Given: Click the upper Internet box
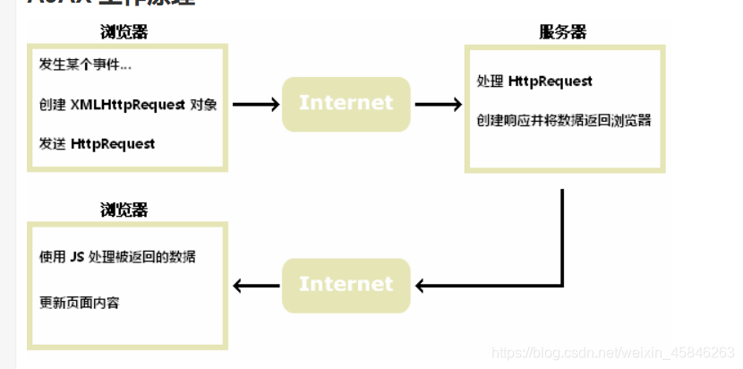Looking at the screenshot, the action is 346,104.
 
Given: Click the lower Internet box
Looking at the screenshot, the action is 346,285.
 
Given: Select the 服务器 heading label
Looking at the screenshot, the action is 562,32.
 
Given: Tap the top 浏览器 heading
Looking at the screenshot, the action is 124,32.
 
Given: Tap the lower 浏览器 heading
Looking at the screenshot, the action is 124,210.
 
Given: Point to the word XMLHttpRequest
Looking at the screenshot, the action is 128,104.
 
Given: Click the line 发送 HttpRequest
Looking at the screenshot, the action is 97,143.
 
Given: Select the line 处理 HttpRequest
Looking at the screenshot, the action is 534,82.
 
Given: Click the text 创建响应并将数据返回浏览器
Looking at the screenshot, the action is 563,120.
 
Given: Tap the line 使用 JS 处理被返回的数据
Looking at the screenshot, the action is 117,257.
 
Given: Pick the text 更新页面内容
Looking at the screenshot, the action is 80,302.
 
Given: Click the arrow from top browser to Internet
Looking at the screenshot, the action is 256,105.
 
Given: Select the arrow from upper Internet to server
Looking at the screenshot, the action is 438,105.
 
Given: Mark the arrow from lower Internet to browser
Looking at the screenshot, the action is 256,287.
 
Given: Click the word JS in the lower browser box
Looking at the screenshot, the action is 77,257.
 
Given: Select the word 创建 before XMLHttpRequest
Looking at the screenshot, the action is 53,104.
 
